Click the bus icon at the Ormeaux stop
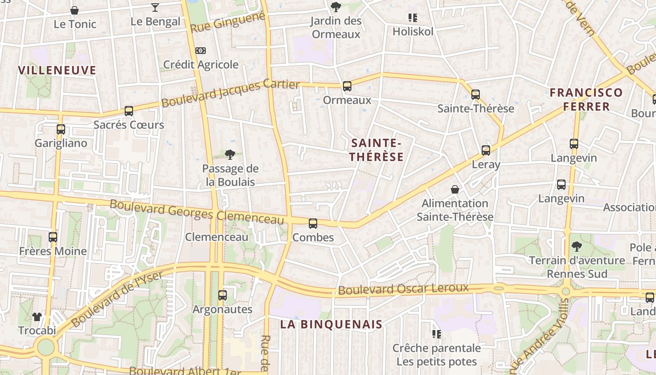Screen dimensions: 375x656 pos(347,86)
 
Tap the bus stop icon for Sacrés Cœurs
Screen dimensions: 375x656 pos(128,111)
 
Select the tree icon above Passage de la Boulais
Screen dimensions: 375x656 pos(230,155)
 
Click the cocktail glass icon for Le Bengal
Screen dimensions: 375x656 pos(155,7)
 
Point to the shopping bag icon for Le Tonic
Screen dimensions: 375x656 pos(75,10)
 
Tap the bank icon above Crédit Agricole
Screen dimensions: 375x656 pos(200,51)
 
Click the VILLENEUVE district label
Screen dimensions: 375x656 pos(57,70)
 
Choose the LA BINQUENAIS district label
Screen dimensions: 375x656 pos(331,324)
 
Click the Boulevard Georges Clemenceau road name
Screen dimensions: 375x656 pos(197,212)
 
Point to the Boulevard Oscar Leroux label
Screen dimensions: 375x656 pos(403,289)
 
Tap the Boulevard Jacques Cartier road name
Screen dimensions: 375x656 pos(230,93)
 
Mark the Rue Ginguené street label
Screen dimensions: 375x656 pos(228,22)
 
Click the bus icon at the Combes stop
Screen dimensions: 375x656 pos(313,224)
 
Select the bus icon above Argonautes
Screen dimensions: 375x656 pos(222,295)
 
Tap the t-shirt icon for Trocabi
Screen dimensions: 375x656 pos(37,317)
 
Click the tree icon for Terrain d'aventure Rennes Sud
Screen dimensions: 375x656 pos(576,246)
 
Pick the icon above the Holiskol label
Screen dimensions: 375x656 pos(412,18)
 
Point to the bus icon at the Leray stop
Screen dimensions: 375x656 pos(486,150)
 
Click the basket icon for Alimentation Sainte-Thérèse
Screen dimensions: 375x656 pos(455,189)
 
